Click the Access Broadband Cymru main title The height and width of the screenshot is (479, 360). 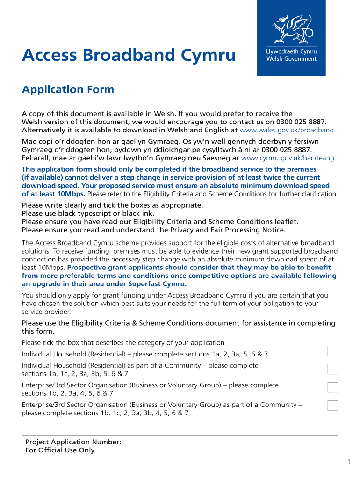129,56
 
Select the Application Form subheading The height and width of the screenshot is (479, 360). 68,89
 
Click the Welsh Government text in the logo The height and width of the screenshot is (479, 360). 291,59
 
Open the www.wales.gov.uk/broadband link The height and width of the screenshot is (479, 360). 287,130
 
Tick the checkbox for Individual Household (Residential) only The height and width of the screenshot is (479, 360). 332,351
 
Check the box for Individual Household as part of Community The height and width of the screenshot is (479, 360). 332,369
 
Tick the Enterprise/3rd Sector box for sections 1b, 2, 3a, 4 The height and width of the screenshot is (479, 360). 332,387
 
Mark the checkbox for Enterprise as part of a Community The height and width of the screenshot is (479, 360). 332,406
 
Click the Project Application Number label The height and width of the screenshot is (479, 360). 73,442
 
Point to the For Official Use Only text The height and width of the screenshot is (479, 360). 60,450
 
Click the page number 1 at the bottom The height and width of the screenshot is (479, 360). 348,463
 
